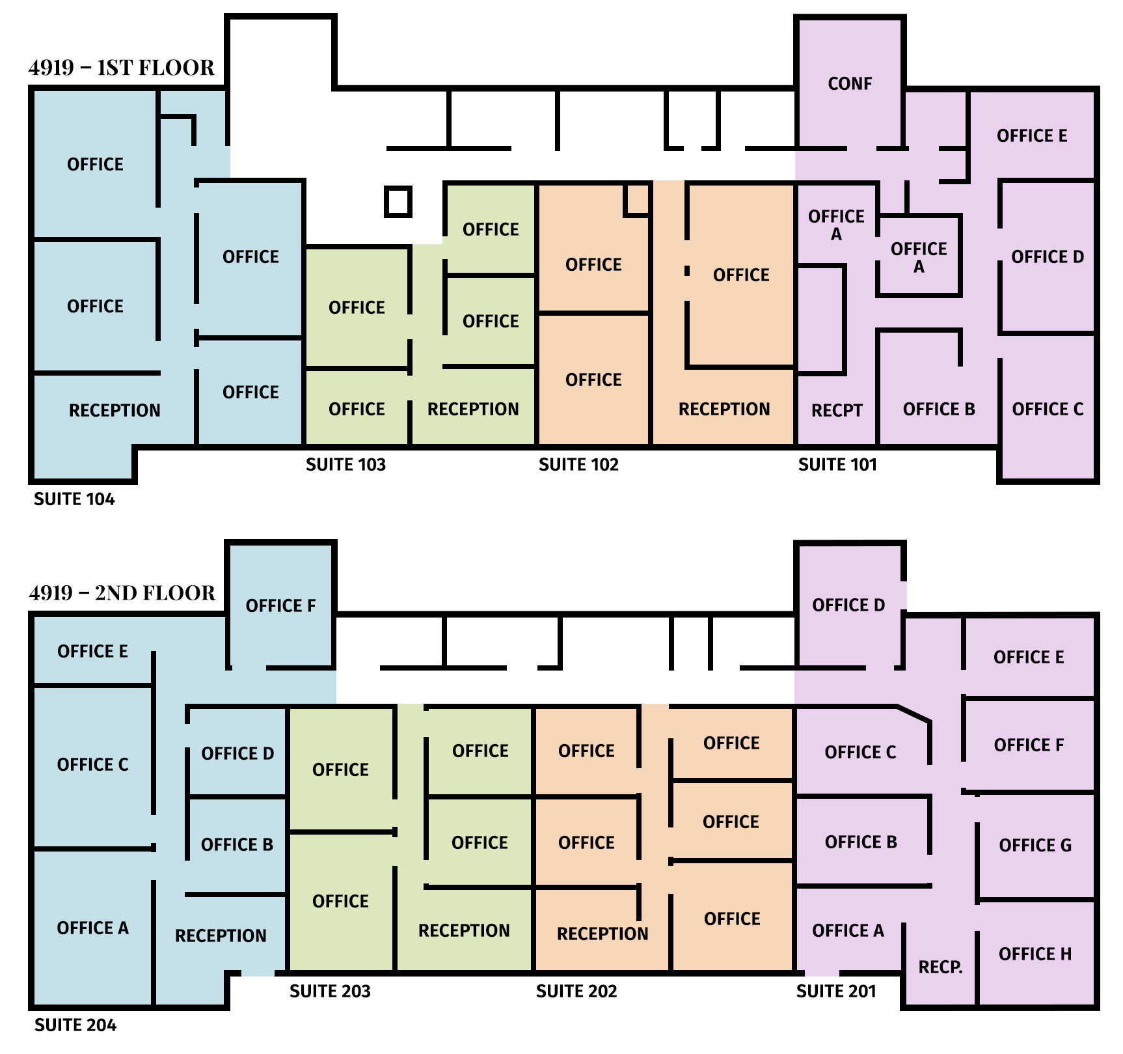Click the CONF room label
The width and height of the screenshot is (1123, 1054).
[850, 83]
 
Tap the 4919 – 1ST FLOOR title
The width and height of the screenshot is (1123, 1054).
[122, 67]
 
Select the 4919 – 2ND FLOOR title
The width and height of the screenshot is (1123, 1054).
[122, 592]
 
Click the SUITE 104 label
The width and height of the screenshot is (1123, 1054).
[74, 499]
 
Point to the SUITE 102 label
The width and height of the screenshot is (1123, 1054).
[578, 464]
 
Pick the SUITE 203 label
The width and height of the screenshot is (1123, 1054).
[330, 991]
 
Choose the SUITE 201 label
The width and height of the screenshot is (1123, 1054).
[836, 991]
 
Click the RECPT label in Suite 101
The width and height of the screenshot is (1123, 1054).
[837, 410]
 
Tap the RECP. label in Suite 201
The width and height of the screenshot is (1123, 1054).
[940, 967]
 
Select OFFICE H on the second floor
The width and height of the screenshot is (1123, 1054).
[1035, 954]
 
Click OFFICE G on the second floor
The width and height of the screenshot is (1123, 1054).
[1035, 845]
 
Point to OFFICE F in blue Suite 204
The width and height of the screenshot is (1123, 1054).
[280, 605]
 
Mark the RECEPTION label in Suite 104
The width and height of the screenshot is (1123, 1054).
[115, 410]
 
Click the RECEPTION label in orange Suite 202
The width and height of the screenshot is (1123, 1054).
[602, 934]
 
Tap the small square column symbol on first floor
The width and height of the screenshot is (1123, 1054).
[398, 201]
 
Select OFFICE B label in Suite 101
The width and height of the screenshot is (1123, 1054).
[939, 409]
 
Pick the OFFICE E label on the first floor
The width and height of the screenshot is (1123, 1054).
[1032, 135]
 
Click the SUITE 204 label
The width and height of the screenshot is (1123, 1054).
[75, 1025]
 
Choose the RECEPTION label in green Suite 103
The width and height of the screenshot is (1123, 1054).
[473, 409]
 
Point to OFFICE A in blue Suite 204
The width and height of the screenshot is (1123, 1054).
[92, 928]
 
